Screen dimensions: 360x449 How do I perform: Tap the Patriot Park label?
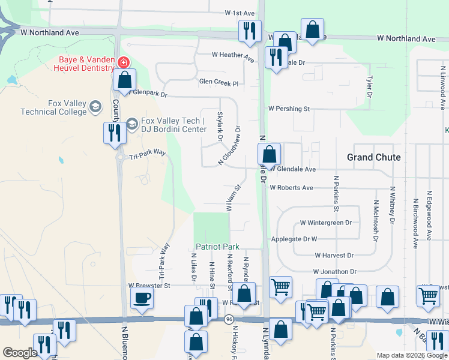point(217,247)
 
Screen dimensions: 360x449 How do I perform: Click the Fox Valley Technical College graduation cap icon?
point(95,107)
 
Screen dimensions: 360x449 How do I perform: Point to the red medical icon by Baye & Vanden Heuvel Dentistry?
point(122,62)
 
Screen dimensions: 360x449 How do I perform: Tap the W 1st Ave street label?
point(240,13)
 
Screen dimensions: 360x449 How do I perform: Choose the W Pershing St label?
point(289,109)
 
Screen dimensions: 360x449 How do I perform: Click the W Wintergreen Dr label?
point(325,223)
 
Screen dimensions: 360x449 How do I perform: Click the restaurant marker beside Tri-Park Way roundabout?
point(112,133)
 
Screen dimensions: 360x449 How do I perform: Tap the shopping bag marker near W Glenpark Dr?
point(124,79)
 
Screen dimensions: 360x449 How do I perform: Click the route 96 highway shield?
point(230,320)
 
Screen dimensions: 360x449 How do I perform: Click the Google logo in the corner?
point(20,353)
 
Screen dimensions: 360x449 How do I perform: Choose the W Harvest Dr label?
point(334,255)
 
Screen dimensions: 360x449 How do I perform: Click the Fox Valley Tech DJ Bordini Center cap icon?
point(131,124)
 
